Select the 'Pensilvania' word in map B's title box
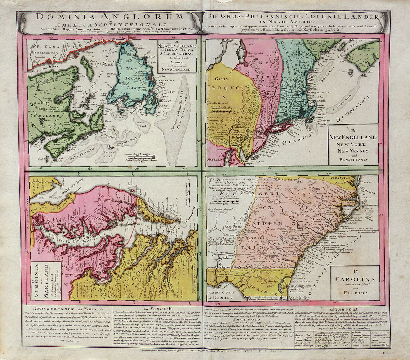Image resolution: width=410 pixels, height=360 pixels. point(353,157)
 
